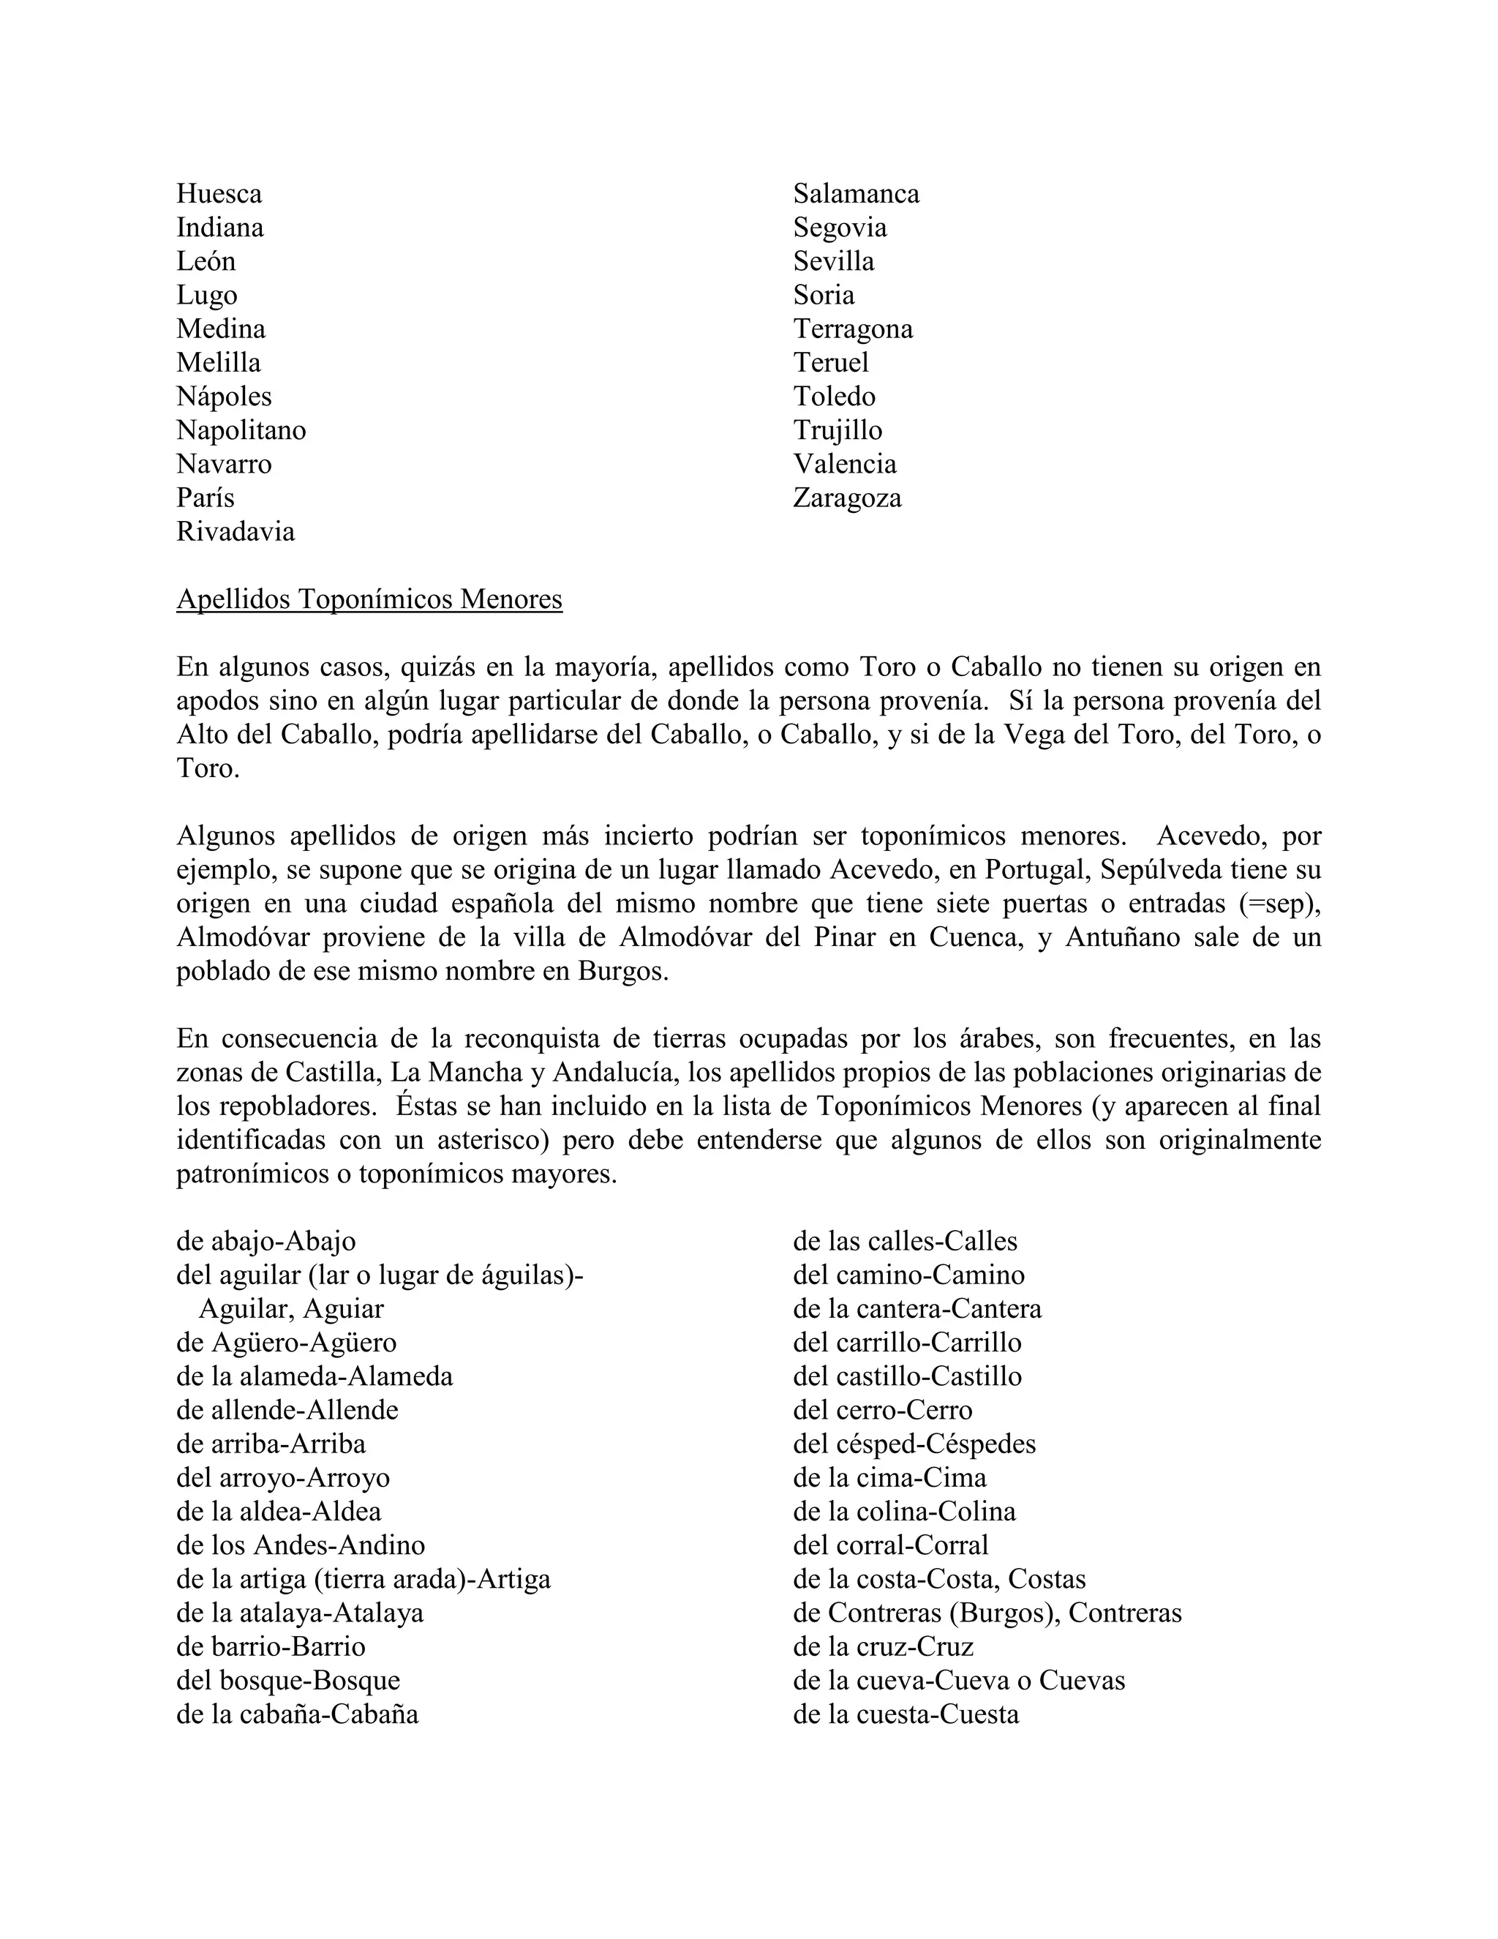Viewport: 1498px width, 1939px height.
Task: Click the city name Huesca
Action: coord(219,194)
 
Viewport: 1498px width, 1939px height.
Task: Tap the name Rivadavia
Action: coord(236,532)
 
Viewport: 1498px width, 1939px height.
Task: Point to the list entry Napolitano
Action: coord(241,430)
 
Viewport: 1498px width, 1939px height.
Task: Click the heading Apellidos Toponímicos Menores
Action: coord(369,599)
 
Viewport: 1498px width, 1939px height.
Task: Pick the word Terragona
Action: coord(853,329)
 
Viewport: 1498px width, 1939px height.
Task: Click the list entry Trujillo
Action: coord(837,430)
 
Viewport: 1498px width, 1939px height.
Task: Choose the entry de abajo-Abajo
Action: coord(266,1241)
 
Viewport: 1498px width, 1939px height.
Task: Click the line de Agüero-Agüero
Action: coord(286,1343)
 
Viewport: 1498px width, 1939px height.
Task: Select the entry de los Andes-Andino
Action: coord(300,1545)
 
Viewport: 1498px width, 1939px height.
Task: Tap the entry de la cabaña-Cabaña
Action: coord(296,1714)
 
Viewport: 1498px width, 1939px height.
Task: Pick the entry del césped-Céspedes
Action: coord(914,1444)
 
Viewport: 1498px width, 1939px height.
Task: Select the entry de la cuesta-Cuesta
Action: coord(906,1714)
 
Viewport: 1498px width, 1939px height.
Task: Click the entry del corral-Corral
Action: coord(890,1545)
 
